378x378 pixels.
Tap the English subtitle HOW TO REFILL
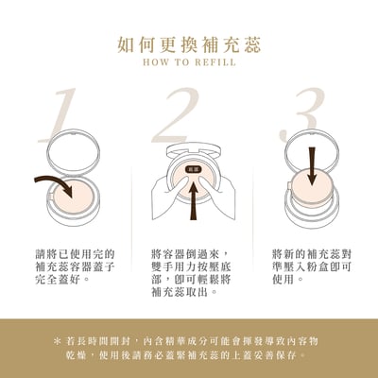click(x=189, y=64)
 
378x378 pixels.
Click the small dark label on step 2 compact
click(x=193, y=165)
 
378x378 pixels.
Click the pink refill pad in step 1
click(x=82, y=196)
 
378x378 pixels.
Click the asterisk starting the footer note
click(x=59, y=339)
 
